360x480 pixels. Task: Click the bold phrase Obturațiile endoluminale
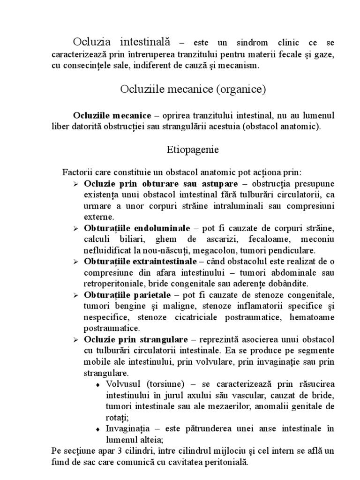[x=137, y=228]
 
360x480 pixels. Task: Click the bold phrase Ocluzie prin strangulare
[x=136, y=339]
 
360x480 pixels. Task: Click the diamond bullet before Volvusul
[x=98, y=385]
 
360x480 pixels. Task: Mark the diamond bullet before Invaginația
[x=98, y=429]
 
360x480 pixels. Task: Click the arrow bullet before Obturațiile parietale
[x=76, y=296]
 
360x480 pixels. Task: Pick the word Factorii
[x=76, y=172]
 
